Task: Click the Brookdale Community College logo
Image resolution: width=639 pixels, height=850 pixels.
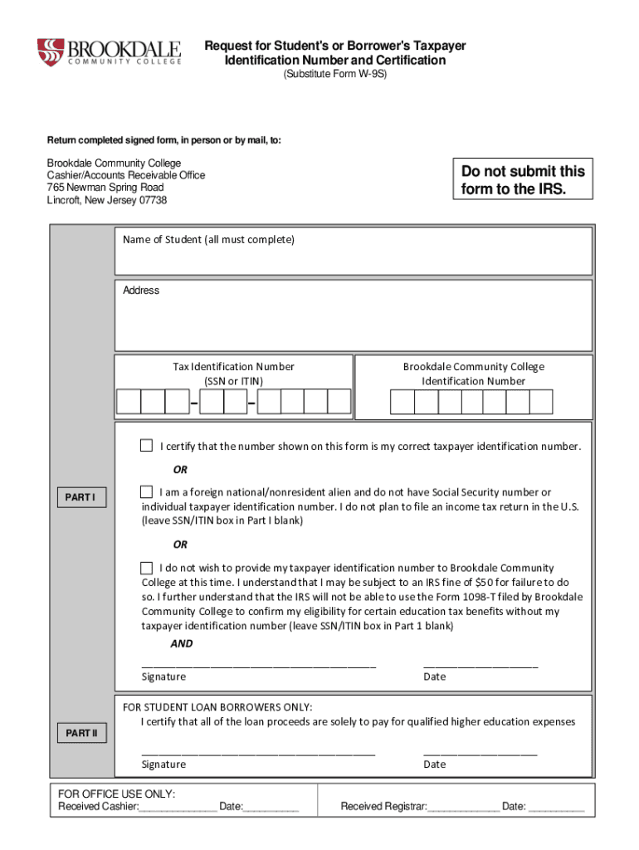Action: click(109, 52)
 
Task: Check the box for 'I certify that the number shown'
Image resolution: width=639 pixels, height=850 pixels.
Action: click(147, 446)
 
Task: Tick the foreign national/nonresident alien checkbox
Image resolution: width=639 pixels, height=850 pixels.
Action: click(147, 491)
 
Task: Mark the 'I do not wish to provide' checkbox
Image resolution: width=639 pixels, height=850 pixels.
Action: click(147, 568)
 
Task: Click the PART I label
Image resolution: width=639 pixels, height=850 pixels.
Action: click(80, 498)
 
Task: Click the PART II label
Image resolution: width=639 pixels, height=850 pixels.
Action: click(80, 734)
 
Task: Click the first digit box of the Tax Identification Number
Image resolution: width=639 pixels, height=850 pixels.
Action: click(129, 402)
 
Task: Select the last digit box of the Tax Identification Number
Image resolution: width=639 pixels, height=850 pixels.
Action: click(339, 402)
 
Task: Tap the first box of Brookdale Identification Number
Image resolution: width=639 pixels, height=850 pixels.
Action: click(402, 402)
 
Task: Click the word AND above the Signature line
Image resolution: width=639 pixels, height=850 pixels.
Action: click(182, 643)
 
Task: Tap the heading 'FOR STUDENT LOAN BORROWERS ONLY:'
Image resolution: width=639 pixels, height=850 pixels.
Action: click(217, 706)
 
